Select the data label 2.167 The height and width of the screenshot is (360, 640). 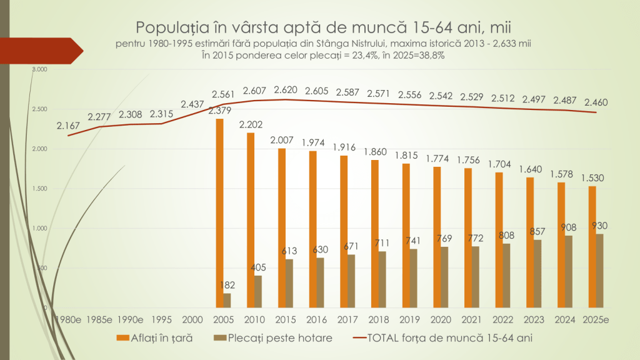point(68,126)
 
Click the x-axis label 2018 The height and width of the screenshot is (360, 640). point(379,319)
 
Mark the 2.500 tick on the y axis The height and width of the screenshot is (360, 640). point(39,109)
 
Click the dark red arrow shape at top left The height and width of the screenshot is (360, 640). point(44,51)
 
